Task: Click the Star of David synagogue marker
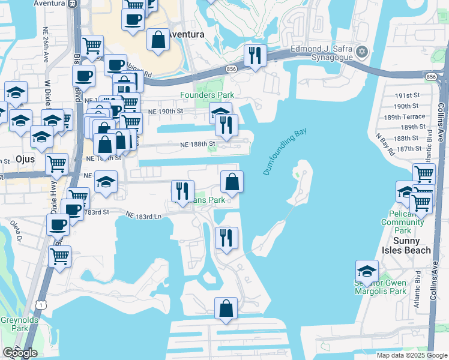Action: (361, 53)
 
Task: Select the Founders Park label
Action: (207, 95)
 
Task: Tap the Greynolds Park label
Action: (13, 324)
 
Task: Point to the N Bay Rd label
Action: (385, 145)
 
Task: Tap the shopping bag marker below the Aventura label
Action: (157, 41)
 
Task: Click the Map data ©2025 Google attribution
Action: (412, 355)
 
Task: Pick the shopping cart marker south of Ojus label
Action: (57, 164)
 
